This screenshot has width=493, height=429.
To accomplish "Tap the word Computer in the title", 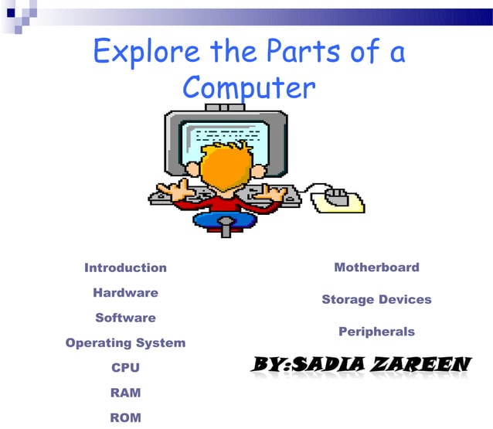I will (x=249, y=88).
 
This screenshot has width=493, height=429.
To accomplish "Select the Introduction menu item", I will (x=125, y=267).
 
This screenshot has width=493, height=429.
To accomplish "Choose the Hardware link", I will (x=125, y=293).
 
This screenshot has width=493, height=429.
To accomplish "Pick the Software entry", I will (x=125, y=318).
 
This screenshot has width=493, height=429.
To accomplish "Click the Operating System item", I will (x=125, y=342).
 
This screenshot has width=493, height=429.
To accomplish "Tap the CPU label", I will (x=125, y=368).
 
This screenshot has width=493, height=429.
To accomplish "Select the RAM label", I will (x=125, y=393).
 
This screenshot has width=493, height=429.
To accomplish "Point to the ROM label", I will (x=125, y=417).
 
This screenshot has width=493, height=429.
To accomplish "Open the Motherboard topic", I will (x=376, y=267).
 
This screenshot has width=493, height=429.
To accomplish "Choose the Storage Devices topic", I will (x=376, y=299).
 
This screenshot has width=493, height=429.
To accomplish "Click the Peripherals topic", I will (x=376, y=332).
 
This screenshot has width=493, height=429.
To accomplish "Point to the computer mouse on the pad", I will (x=337, y=194).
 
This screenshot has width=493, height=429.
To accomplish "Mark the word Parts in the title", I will (x=304, y=53).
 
